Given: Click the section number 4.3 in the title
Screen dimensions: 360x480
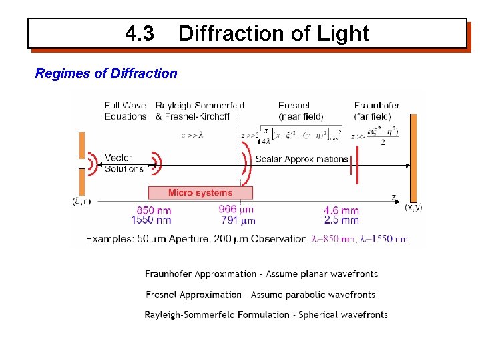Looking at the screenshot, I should pyautogui.click(x=139, y=33).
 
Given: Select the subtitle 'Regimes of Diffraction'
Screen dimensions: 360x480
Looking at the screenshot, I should pyautogui.click(x=106, y=73).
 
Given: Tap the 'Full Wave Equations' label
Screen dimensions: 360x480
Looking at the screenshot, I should pyautogui.click(x=126, y=110).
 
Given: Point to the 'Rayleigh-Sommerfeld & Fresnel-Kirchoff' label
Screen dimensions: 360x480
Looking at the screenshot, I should pyautogui.click(x=200, y=110).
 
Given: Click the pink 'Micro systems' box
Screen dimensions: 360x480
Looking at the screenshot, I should pyautogui.click(x=200, y=192).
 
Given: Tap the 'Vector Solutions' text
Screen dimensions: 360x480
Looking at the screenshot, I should pyautogui.click(x=124, y=163).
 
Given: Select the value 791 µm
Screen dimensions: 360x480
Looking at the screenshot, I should pyautogui.click(x=238, y=220).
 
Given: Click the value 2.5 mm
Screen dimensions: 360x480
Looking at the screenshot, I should pyautogui.click(x=341, y=220).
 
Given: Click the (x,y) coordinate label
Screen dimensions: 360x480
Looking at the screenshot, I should pyautogui.click(x=413, y=207).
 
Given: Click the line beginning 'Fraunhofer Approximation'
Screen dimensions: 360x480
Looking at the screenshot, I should pyautogui.click(x=261, y=274).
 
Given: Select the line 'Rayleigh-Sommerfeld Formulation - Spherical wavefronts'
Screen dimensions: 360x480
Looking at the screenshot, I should pyautogui.click(x=266, y=315).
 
